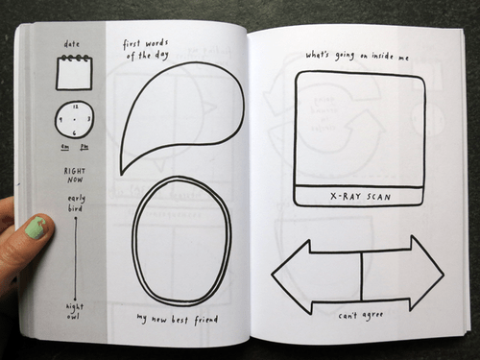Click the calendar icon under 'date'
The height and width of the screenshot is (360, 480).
(73, 73)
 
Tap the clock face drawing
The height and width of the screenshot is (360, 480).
(74, 119)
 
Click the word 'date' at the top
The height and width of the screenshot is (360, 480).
(73, 44)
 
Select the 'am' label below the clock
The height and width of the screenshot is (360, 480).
(64, 146)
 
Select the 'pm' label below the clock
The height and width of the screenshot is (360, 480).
(83, 146)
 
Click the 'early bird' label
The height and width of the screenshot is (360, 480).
(74, 202)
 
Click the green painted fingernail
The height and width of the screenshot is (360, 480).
(35, 228)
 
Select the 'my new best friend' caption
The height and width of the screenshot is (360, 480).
(178, 318)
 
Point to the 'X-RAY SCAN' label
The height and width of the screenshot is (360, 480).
(360, 196)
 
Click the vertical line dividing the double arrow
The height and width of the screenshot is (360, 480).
(361, 274)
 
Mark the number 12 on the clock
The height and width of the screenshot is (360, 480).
(74, 106)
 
